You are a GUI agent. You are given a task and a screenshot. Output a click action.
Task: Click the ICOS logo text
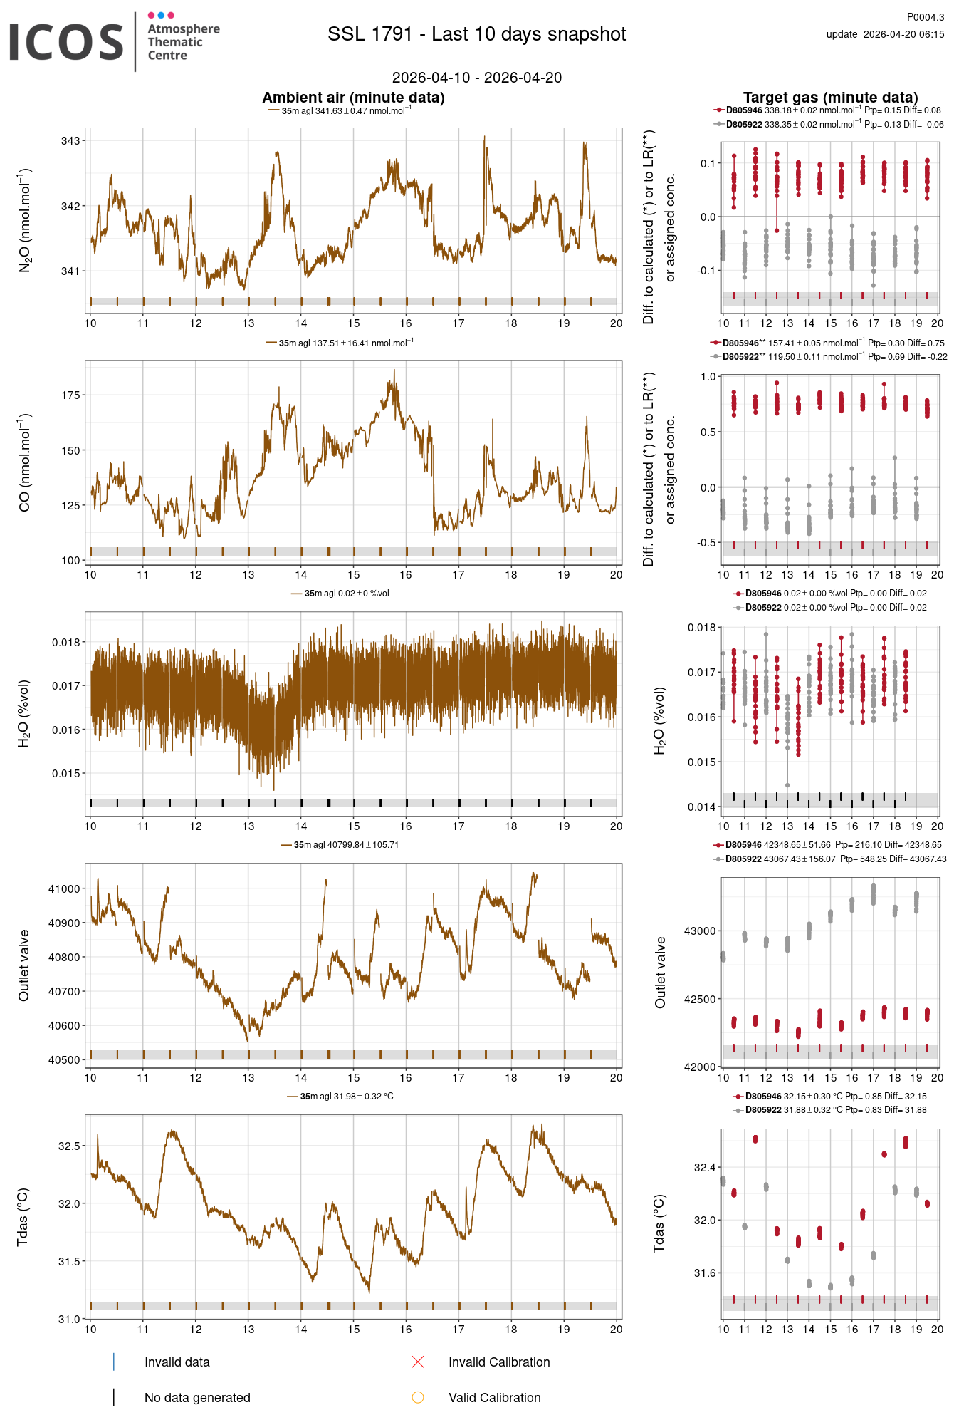[x=66, y=42]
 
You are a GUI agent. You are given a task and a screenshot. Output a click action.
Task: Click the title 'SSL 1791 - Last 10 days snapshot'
[x=476, y=34]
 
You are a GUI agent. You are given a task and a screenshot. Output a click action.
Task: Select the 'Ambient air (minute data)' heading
[x=353, y=98]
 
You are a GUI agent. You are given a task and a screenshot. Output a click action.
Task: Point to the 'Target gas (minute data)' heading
[x=830, y=98]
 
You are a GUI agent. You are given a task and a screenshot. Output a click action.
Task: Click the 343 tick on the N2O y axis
[x=70, y=141]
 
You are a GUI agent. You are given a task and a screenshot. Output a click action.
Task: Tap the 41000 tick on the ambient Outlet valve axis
[x=64, y=889]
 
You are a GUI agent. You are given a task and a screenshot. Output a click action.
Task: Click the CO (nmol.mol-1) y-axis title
[x=25, y=462]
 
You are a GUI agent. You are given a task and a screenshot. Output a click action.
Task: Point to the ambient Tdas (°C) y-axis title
[x=23, y=1216]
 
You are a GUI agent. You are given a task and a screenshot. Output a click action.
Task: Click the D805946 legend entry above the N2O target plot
[x=743, y=110]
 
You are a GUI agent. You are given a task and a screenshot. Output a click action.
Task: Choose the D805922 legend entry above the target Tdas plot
[x=762, y=1110]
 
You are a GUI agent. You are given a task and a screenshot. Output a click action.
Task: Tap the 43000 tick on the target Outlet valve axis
[x=700, y=931]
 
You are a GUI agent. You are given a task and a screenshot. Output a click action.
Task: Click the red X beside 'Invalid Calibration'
[x=418, y=1362]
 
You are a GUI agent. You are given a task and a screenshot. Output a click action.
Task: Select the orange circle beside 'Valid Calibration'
[x=418, y=1398]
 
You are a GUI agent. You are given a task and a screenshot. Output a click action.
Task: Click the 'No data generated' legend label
[x=197, y=1398]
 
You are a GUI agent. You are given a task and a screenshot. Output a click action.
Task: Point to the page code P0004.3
[x=925, y=17]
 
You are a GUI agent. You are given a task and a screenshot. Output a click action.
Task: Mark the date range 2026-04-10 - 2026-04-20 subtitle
[x=476, y=78]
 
